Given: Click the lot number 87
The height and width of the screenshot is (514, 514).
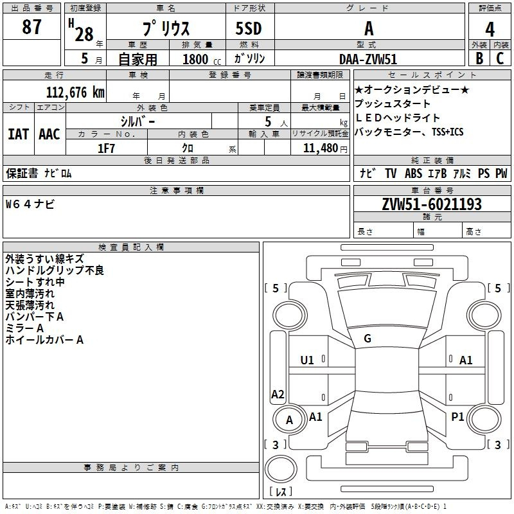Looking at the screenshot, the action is tap(31, 26).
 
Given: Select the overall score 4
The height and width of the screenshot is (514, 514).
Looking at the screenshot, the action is tap(490, 29).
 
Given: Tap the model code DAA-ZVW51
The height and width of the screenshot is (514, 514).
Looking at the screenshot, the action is tap(368, 59).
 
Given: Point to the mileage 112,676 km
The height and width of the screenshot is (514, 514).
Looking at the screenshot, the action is tap(75, 92).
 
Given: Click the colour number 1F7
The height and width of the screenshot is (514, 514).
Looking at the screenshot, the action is tap(106, 148).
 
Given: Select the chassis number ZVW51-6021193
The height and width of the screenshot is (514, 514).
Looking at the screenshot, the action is tap(432, 204).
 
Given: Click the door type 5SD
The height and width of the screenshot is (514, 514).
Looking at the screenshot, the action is tap(249, 28).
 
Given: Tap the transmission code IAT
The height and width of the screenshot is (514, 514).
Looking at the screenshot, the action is tap(18, 134).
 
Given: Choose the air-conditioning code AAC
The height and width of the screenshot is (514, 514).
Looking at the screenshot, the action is tap(49, 134).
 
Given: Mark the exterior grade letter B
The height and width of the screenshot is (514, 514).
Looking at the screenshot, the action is tap(479, 58).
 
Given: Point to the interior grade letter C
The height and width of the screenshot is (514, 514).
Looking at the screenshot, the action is tap(500, 58).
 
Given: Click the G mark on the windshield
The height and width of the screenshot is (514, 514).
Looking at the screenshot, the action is tap(368, 339).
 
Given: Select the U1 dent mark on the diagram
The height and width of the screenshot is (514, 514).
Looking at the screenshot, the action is tap(307, 360).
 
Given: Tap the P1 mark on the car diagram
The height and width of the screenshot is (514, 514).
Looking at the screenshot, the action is tap(457, 416).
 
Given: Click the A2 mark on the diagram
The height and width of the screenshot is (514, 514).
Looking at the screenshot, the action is tap(278, 394).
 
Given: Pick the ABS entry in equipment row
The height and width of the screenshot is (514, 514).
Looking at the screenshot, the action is tap(413, 173).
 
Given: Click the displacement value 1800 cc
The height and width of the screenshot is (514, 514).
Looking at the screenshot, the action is tap(202, 59).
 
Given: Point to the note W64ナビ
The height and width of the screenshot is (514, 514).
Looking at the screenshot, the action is tap(30, 204).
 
